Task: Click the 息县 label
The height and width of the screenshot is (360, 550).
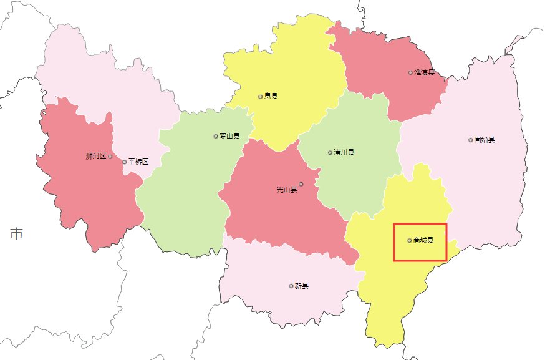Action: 271,97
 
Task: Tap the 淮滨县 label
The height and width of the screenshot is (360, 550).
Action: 424,72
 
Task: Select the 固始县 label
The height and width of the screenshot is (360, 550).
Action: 485,140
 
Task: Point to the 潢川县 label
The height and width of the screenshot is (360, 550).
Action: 344,152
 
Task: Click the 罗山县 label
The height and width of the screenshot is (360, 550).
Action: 229,135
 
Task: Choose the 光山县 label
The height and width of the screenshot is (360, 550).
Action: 287,190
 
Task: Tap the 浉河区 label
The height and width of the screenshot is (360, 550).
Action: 96,156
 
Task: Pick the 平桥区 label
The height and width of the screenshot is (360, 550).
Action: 138,162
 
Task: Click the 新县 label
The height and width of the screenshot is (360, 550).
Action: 302,286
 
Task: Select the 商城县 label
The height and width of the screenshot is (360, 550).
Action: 423,240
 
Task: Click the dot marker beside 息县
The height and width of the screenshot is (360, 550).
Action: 260,97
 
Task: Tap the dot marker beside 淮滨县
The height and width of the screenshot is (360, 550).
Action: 410,72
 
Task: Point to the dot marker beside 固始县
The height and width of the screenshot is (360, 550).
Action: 470,140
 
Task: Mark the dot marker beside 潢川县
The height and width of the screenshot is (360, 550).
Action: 330,152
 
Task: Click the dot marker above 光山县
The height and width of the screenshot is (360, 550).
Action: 301,183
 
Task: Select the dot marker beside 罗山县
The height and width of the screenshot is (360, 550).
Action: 216,135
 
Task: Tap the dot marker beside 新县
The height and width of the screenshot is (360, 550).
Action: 291,286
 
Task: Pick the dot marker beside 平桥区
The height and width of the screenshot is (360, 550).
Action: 124,162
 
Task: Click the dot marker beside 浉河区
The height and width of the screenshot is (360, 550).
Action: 110,157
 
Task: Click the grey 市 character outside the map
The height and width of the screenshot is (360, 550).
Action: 17,234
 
